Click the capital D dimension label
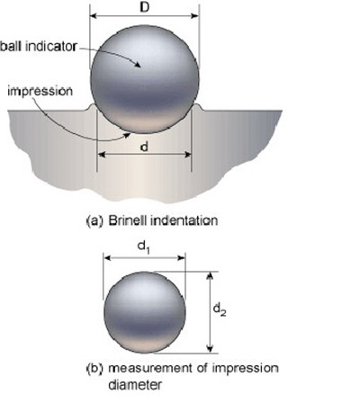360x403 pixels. click(x=145, y=7)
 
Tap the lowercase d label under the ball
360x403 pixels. click(x=145, y=147)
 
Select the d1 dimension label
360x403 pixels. click(x=144, y=247)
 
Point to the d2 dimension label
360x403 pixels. click(x=220, y=310)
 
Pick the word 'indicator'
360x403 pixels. click(x=50, y=47)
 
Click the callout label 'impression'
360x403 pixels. click(x=40, y=92)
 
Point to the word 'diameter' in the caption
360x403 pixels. click(x=135, y=385)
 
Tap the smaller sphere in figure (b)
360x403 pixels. click(x=145, y=312)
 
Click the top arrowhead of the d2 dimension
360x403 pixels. click(x=211, y=275)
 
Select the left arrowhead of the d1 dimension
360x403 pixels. click(x=108, y=258)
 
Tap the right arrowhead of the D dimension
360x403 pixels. click(x=194, y=15)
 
